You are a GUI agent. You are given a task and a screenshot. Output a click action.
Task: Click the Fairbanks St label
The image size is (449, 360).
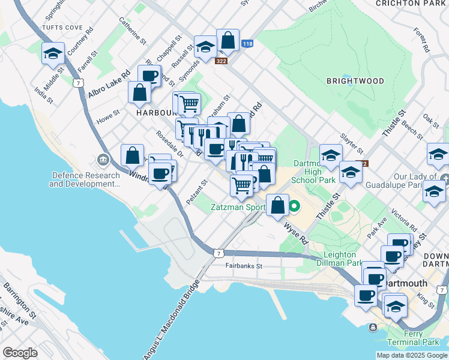[x=244, y=265]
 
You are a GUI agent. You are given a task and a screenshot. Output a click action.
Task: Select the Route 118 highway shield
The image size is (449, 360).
[x=247, y=44]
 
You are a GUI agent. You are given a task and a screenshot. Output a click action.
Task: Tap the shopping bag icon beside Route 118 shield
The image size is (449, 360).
[x=228, y=40]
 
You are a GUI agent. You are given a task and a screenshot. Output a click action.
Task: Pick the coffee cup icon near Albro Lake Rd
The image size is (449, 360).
[x=149, y=76]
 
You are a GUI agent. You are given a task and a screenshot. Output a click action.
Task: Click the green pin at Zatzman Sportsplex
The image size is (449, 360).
[x=294, y=208]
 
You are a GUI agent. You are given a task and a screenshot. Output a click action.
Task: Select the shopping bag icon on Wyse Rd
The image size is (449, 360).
[x=277, y=205]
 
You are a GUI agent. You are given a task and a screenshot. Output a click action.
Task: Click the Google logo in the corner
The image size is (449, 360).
[x=20, y=353]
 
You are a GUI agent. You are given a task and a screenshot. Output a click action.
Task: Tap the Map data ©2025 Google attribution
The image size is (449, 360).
[x=411, y=355]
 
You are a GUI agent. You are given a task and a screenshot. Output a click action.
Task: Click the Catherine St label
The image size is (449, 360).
[x=133, y=31]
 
